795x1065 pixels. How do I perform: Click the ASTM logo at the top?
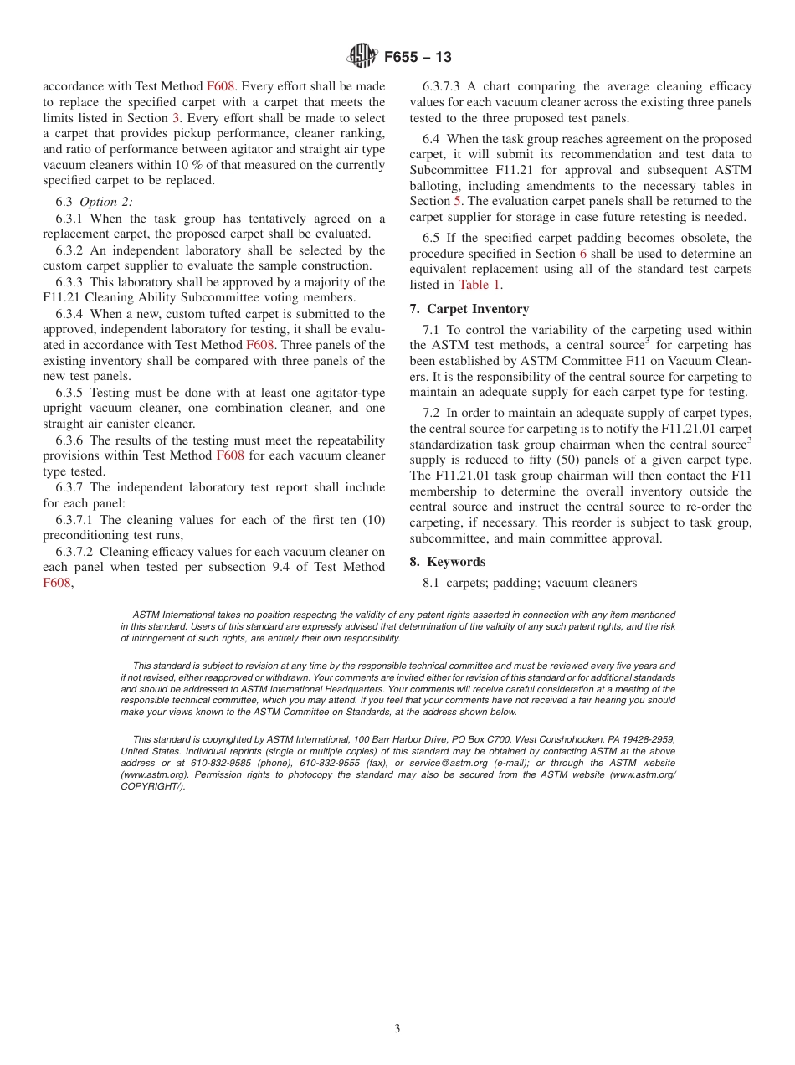tap(362, 57)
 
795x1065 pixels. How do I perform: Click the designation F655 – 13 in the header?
tap(418, 57)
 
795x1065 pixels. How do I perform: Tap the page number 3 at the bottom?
tap(397, 1028)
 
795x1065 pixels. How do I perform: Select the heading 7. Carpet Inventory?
tap(469, 309)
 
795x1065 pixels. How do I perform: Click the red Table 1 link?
tap(480, 285)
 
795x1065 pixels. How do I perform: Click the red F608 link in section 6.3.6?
tap(230, 455)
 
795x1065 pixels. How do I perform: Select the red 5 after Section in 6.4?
tap(457, 202)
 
